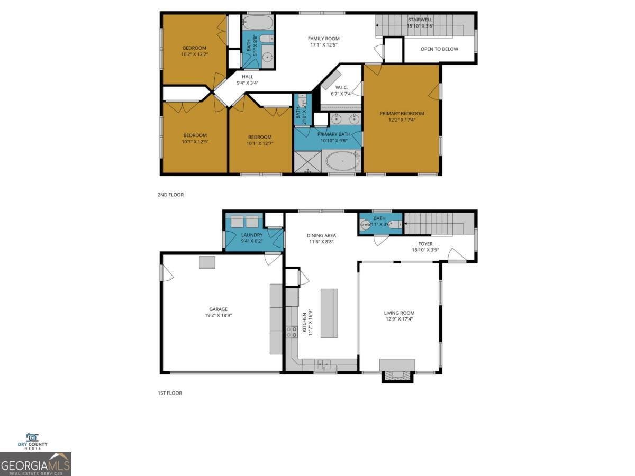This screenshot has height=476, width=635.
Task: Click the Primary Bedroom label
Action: [x=401, y=113]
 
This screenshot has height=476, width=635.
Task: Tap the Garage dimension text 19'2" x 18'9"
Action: [x=218, y=315]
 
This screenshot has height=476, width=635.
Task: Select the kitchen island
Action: [x=329, y=313]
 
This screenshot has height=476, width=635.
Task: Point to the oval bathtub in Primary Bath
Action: [x=342, y=161]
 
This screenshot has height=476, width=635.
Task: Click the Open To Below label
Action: [x=439, y=49]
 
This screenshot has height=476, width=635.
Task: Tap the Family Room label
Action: [x=324, y=39]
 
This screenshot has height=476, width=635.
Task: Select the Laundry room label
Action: [x=252, y=235]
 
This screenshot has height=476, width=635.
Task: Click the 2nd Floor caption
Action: [x=170, y=195]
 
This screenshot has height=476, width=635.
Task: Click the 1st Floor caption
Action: [x=169, y=393]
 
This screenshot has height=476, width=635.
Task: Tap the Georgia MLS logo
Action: [x=35, y=464]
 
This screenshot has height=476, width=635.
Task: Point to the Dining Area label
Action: [x=321, y=236]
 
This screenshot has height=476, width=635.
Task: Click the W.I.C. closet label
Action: [x=341, y=87]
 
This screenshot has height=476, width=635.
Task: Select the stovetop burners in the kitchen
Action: [x=292, y=332]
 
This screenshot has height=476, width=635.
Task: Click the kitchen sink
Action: [x=324, y=364]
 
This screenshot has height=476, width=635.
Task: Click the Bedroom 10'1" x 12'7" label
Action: [x=260, y=137]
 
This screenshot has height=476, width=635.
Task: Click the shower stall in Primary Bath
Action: [x=307, y=162]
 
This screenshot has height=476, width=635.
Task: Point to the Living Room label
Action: [x=399, y=313]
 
